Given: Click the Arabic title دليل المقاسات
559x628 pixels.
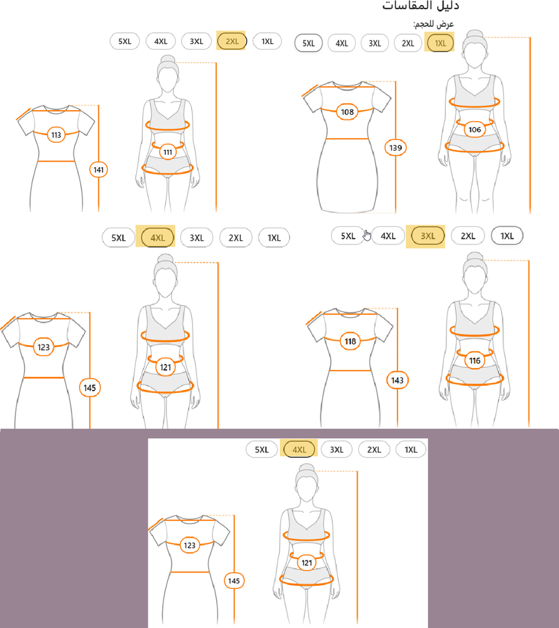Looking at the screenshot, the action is pyautogui.click(x=420, y=6).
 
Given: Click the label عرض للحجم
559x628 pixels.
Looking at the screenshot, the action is pyautogui.click(x=434, y=24).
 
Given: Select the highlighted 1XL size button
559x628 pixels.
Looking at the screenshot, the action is pyautogui.click(x=440, y=44).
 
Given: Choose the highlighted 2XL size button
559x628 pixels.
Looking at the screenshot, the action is pyautogui.click(x=232, y=41).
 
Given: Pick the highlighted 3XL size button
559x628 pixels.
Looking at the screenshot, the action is pyautogui.click(x=428, y=236).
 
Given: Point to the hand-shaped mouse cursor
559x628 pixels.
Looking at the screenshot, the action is pyautogui.click(x=367, y=236).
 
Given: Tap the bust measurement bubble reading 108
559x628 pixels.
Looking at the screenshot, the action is pyautogui.click(x=347, y=112).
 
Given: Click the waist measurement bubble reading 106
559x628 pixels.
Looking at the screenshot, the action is pyautogui.click(x=475, y=129).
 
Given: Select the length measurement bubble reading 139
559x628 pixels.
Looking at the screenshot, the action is pyautogui.click(x=396, y=148).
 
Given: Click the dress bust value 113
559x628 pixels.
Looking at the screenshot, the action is pyautogui.click(x=56, y=135).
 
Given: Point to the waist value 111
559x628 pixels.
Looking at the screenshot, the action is pyautogui.click(x=168, y=152).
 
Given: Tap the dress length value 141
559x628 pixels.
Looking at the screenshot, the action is pyautogui.click(x=98, y=170).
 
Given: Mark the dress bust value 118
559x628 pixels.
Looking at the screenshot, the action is pyautogui.click(x=350, y=341).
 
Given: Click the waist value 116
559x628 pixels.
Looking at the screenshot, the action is pyautogui.click(x=475, y=361).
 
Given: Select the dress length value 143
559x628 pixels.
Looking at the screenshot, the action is pyautogui.click(x=397, y=380).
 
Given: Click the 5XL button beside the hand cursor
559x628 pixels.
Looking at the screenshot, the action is pyautogui.click(x=347, y=236).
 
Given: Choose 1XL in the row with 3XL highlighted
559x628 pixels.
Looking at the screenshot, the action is pyautogui.click(x=507, y=236).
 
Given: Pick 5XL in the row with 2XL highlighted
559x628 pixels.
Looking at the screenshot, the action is pyautogui.click(x=124, y=41).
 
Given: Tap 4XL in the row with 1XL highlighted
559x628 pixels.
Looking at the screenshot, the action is pyautogui.click(x=342, y=44).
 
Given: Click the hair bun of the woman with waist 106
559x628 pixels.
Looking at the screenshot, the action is pyautogui.click(x=475, y=35).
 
